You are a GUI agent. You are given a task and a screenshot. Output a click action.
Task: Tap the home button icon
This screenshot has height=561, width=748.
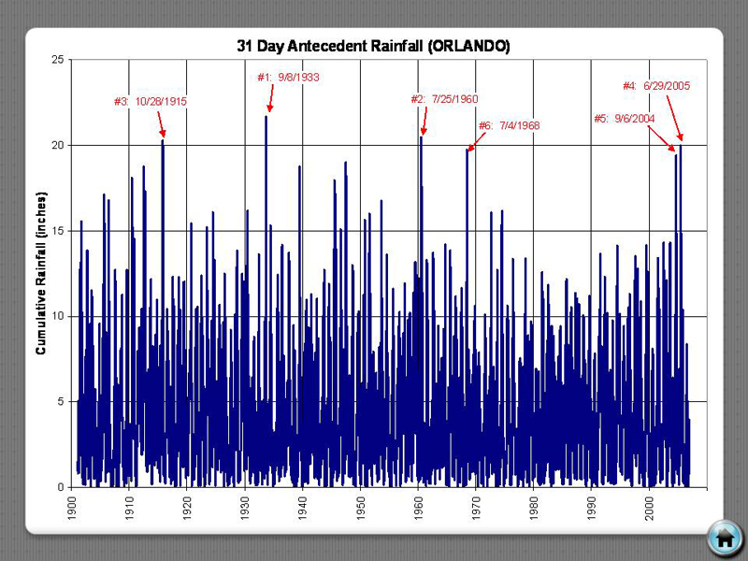tap(724, 537)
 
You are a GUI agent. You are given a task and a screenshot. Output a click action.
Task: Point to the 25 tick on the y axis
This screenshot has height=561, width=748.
tap(59, 60)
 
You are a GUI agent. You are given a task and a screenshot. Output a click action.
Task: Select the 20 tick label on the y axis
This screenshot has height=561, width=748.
tap(59, 145)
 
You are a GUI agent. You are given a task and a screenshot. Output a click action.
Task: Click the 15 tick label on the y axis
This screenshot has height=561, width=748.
tap(59, 231)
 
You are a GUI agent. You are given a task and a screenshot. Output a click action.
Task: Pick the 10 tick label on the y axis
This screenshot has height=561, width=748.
tap(59, 316)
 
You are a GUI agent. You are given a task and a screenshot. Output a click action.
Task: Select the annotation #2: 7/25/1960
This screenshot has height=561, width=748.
tap(444, 99)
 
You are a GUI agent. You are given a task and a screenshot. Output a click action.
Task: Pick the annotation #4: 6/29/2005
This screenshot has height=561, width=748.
tap(656, 86)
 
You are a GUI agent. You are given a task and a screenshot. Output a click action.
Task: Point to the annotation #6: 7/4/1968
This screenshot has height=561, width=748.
tap(509, 125)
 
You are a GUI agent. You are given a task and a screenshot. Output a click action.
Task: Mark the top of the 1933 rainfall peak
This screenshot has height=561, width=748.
tap(266, 116)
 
